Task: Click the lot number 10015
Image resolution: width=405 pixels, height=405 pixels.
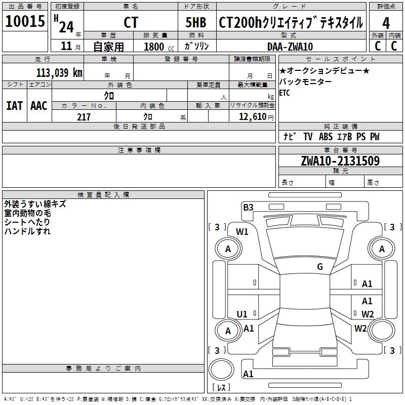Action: pos(25,21)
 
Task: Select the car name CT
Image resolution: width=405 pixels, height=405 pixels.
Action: pos(131,22)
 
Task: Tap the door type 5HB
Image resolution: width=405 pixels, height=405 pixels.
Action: pos(196,22)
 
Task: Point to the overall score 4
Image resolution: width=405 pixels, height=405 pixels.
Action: pos(386,22)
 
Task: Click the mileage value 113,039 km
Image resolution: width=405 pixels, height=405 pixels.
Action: pos(59,72)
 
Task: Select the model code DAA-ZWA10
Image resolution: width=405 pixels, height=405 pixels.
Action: pos(290,47)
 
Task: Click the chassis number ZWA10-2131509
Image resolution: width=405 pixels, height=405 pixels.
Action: pos(340,161)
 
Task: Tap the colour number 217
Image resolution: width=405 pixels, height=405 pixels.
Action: pos(84,117)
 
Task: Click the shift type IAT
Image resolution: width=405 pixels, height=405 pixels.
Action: pos(14,106)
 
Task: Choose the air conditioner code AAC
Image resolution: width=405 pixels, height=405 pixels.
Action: pos(39,106)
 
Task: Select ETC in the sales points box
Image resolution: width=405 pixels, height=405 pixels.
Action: pos(285,93)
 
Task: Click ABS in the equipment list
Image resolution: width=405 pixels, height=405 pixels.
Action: pos(326,137)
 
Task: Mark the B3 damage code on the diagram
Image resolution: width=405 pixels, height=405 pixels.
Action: pos(248,207)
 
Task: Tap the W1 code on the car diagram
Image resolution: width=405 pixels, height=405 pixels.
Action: pos(242,232)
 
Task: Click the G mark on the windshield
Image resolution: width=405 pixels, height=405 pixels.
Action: pos(320,267)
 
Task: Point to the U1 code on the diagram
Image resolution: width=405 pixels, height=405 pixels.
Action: pos(242,314)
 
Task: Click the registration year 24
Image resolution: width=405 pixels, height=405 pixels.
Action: pos(66,26)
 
